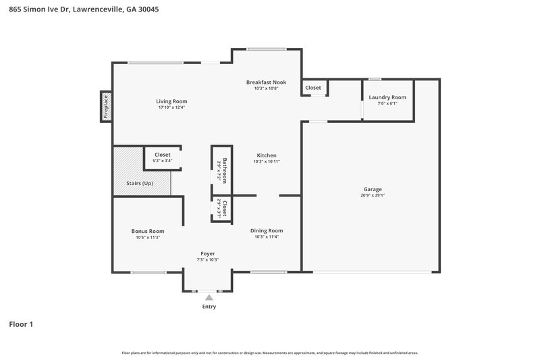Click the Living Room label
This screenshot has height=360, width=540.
coord(171,101)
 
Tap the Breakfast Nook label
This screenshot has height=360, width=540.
coord(266,82)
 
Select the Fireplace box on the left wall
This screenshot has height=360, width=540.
coord(106,107)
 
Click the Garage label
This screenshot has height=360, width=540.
coord(373,189)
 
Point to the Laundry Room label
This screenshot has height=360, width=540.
coord(387,97)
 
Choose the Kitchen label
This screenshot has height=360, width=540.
coord(266,155)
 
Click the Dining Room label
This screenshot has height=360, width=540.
coord(266,230)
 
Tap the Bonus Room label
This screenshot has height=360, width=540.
coord(147,231)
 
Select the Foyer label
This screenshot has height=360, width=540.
coord(207,253)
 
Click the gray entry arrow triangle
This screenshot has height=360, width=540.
coord(209,297)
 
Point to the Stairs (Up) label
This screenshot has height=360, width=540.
coord(139,184)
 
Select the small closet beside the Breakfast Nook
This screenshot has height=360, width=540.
coord(313,88)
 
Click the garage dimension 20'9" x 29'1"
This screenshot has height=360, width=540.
coord(373,196)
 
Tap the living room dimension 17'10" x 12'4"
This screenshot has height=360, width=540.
coord(171,107)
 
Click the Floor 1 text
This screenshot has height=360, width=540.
coord(21,324)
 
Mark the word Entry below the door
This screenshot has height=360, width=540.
coord(209,307)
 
